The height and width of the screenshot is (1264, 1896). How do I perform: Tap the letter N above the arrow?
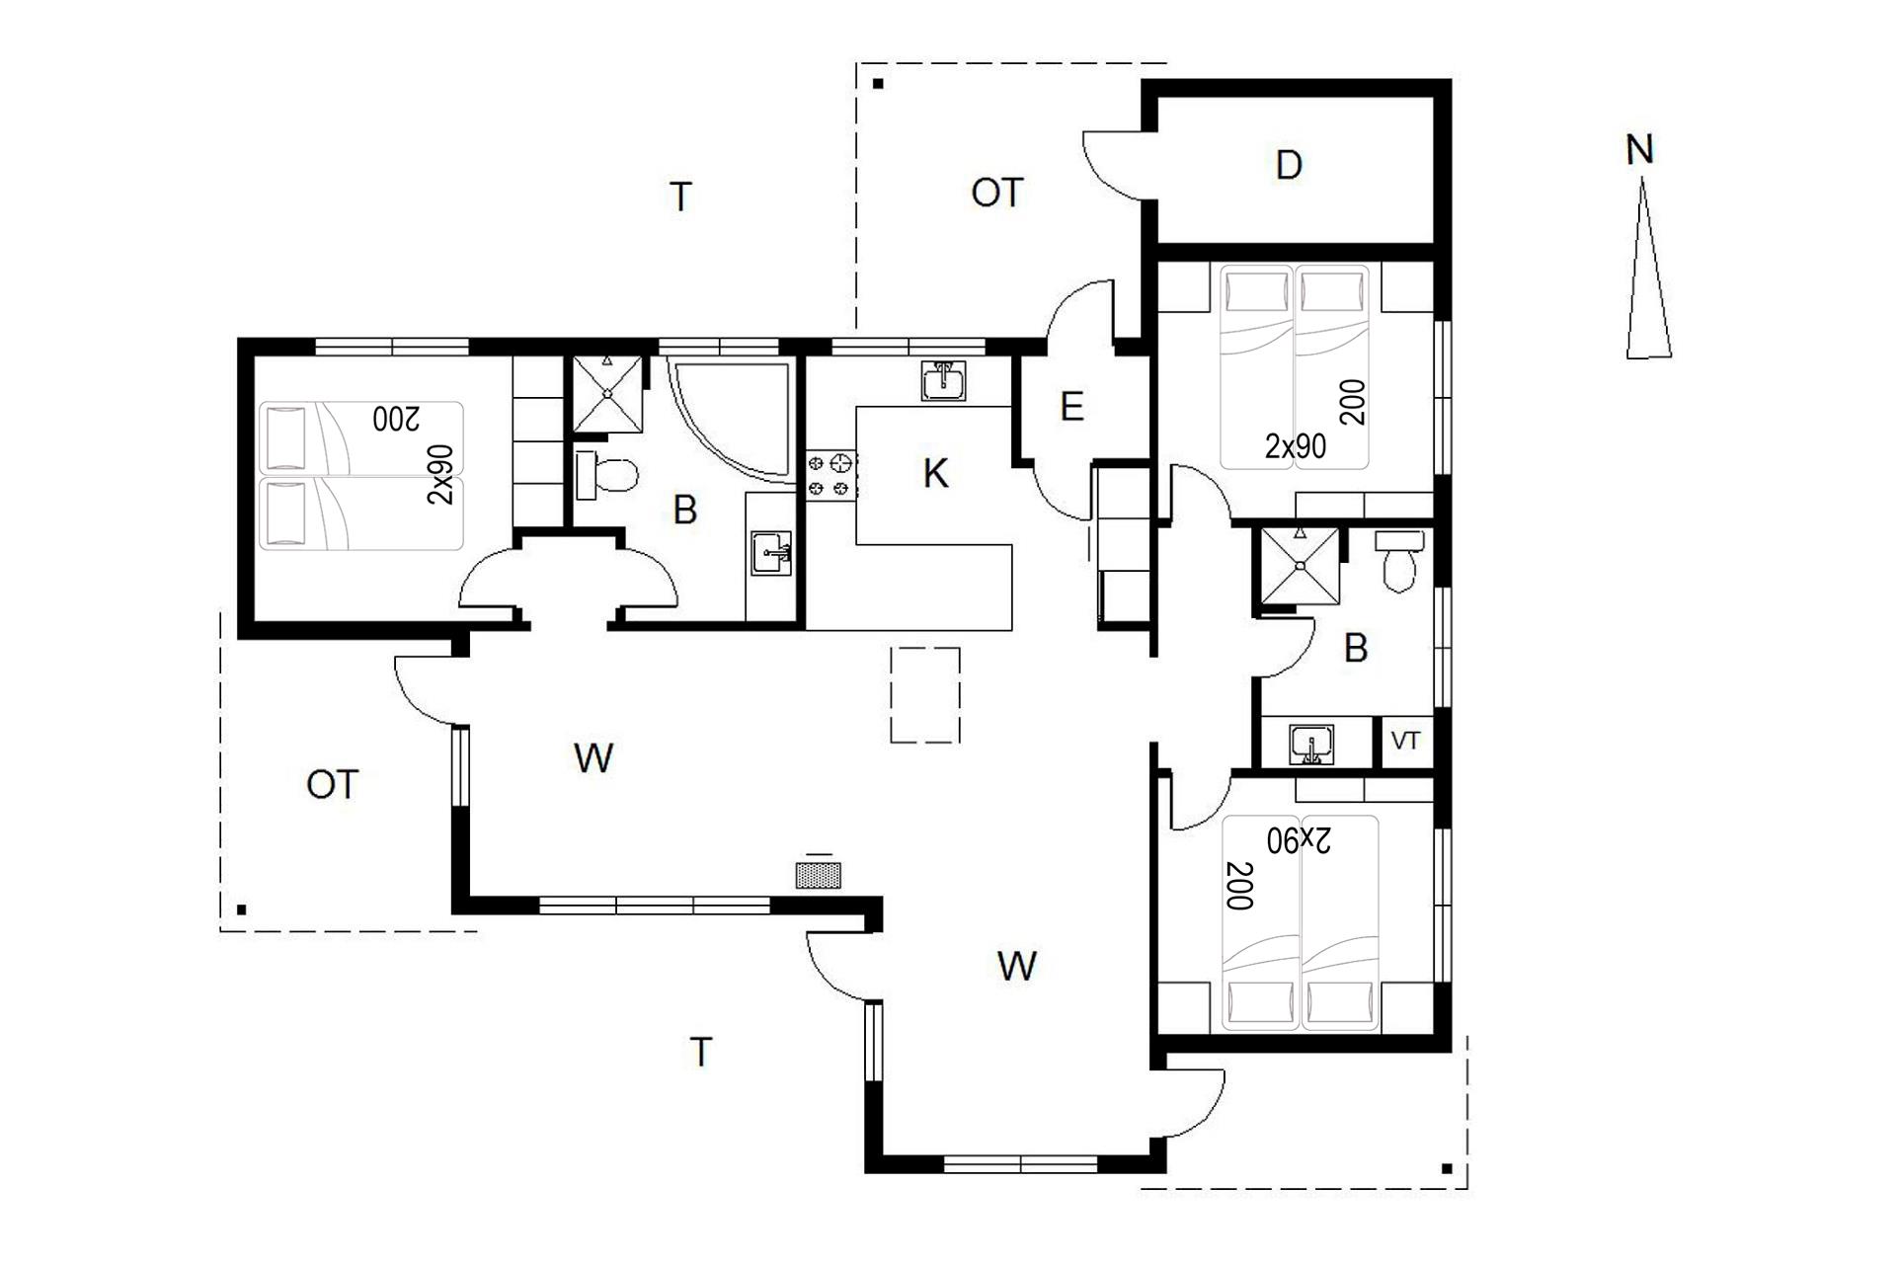point(1639,150)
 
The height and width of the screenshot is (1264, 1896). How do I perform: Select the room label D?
point(1289,165)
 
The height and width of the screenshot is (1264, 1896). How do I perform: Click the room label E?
point(1071,406)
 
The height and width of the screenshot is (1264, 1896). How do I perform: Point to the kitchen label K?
point(935,474)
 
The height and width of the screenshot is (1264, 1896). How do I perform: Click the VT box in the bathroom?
point(1405,741)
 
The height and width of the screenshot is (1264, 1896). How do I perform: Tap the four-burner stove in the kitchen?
point(830,474)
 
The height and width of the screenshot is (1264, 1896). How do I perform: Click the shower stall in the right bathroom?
point(1300,566)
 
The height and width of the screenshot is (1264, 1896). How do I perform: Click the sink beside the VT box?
point(1311,744)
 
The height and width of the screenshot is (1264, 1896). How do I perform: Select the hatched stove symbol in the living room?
point(819,875)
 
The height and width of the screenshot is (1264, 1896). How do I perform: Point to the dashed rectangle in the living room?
point(925,694)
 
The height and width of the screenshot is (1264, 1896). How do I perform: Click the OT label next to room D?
point(996,193)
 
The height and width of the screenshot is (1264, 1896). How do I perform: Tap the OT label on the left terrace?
point(332,785)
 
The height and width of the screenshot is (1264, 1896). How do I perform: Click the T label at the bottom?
point(701,1053)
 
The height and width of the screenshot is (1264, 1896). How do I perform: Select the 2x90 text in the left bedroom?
point(440,474)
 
